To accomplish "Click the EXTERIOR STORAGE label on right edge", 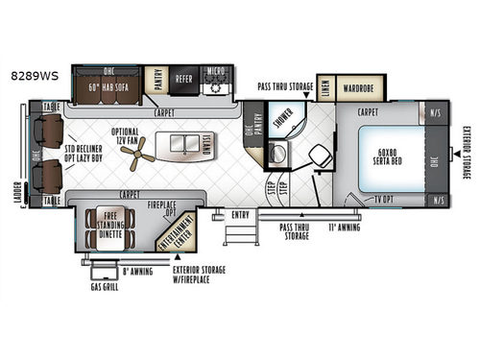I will (x=466, y=155).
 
